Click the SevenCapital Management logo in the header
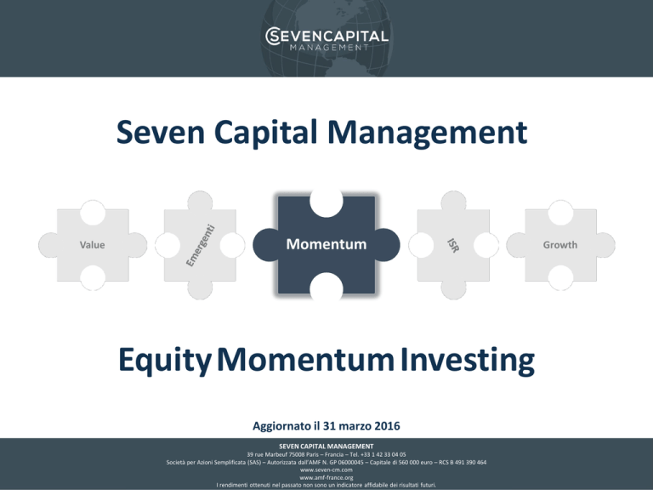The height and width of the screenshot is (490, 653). point(326,39)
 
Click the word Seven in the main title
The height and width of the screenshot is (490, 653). point(161,132)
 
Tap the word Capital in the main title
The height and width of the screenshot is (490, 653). point(265,133)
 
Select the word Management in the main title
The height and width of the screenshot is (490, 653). point(428,133)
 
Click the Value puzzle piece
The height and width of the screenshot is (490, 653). point(93,245)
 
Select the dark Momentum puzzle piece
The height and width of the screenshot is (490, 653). point(326,245)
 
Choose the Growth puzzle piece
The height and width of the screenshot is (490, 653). point(560,245)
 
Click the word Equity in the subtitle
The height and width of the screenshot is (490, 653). point(165,361)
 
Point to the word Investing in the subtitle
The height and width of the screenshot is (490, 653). point(468,361)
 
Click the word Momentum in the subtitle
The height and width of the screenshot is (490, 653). point(306,360)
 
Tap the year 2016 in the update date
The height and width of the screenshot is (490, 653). point(388,426)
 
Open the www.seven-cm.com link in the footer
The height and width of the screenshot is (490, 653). point(326,470)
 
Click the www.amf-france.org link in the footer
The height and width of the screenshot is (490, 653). point(326,477)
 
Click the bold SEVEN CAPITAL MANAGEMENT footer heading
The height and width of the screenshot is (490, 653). point(326,447)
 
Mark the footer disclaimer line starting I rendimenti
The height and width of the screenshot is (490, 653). point(326,485)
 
